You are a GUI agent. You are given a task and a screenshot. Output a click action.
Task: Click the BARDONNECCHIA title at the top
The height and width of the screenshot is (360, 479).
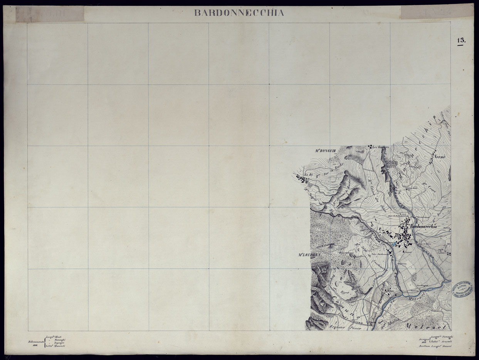239,13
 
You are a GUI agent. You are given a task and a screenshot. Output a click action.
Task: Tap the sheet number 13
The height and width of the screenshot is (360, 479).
461,40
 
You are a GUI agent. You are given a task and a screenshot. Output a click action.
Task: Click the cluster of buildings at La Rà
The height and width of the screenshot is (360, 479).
301,178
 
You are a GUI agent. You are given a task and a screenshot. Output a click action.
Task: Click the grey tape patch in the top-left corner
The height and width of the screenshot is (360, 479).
50,14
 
